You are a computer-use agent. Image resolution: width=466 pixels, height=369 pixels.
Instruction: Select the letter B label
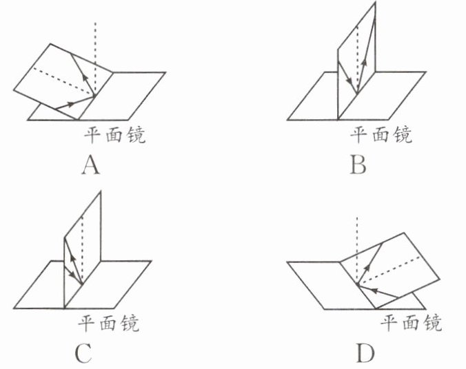coord(358,165)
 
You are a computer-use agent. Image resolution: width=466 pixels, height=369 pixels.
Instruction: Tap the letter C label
coord(83,353)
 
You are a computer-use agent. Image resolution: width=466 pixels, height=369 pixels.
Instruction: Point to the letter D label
coord(365,353)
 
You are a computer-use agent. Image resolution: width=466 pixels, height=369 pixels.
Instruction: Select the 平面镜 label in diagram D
coord(412,322)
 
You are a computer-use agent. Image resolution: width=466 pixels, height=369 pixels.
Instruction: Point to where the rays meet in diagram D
coord(356,282)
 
